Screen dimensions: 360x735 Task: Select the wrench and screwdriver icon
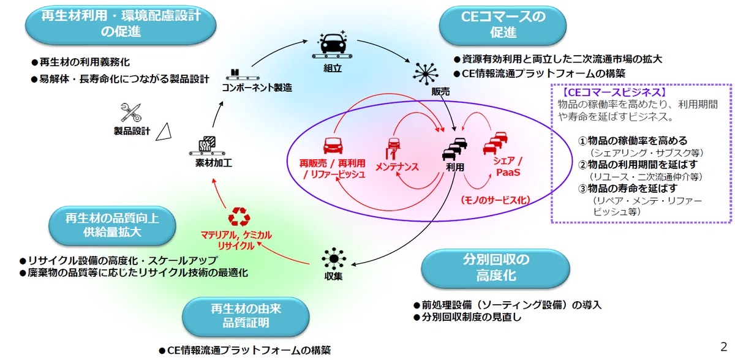pyautogui.click(x=132, y=112)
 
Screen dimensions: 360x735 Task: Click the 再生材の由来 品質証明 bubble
pyautogui.click(x=244, y=315)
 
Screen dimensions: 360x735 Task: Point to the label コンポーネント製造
pyautogui.click(x=257, y=88)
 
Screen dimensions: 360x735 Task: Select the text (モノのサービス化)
pyautogui.click(x=494, y=200)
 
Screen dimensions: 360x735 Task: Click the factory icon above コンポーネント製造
pyautogui.click(x=235, y=73)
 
